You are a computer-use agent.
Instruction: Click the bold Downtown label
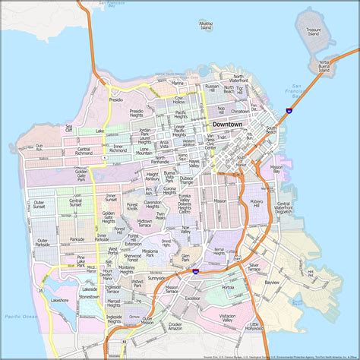point(229,123)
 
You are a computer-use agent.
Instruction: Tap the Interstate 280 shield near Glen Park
point(195,271)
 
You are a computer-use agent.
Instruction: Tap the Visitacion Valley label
point(226,318)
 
